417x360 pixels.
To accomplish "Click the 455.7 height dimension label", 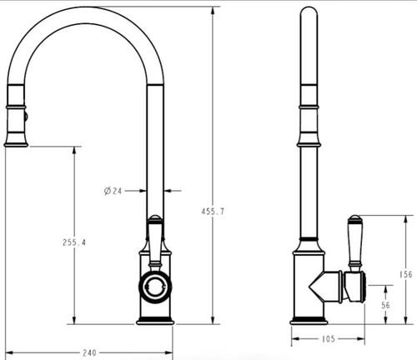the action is tap(213, 212).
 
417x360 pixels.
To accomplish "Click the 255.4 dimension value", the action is tap(74, 242).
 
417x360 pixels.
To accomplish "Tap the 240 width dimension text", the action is tap(89, 352).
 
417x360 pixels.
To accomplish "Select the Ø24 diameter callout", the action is tap(113, 191).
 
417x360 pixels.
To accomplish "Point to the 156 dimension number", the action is tap(406, 274).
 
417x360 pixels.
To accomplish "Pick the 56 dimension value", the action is tap(385, 305).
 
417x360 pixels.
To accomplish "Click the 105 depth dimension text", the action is tap(329, 339).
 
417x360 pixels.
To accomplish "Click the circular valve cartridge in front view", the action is tap(155, 287).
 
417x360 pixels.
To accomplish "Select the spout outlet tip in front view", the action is tap(16, 144).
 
